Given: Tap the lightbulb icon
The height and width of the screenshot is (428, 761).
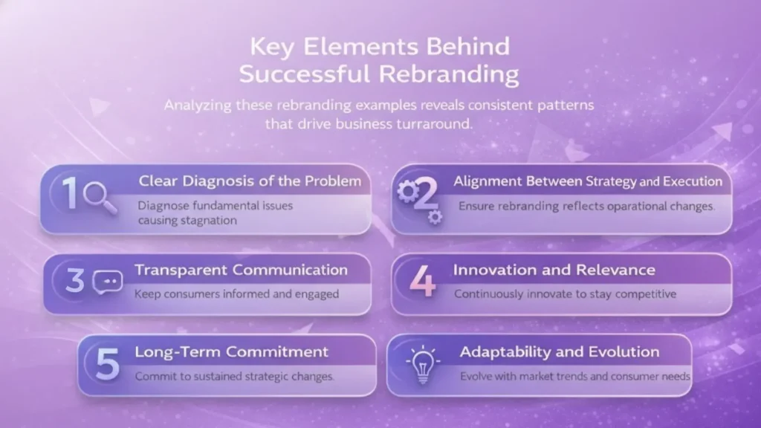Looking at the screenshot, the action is [423, 364].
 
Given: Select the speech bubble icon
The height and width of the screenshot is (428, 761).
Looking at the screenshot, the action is [108, 282].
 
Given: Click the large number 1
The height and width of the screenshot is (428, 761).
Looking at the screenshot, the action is [71, 192].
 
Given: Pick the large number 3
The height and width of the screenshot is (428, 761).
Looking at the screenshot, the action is [75, 280].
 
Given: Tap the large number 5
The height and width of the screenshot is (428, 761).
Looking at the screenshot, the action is [107, 363].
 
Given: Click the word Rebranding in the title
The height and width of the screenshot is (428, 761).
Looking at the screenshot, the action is [448, 74].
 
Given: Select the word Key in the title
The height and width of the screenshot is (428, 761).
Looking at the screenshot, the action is [271, 48].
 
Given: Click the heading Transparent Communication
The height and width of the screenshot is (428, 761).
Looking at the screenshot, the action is [242, 270].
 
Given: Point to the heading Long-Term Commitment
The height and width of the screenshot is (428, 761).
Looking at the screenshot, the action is [232, 351].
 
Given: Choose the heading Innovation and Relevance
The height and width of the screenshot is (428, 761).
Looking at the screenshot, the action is [554, 270].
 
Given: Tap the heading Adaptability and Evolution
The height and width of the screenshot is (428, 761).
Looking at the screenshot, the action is [560, 351].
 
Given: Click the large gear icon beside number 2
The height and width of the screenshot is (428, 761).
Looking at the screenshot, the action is [408, 192].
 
